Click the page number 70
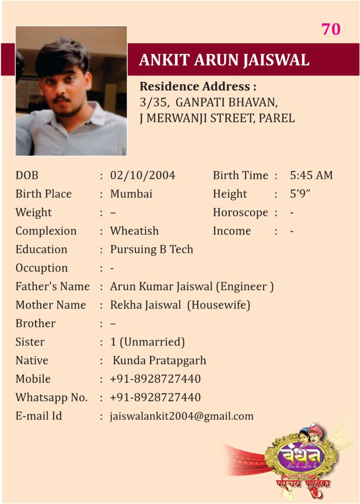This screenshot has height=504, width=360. point(331,30)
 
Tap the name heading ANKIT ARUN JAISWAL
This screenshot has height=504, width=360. point(224,60)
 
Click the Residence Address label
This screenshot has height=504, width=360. point(198,87)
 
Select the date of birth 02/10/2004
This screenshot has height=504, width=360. point(143,176)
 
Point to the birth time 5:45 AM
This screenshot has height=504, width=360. point(311,176)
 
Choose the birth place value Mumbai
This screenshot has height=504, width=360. point(131,194)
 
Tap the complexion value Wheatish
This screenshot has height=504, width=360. point(134,231)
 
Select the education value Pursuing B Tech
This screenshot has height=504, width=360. point(152,250)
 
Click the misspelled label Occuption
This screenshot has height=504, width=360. point(41,268)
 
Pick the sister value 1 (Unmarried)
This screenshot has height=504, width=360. point(148,342)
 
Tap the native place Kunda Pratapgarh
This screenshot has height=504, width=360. point(160,361)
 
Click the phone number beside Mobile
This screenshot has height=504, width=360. point(155,379)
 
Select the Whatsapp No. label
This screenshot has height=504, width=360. point(51,398)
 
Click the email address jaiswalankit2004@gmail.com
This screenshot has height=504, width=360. point(182,416)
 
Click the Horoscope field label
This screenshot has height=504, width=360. point(240,213)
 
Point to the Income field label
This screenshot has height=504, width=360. point(231,231)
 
